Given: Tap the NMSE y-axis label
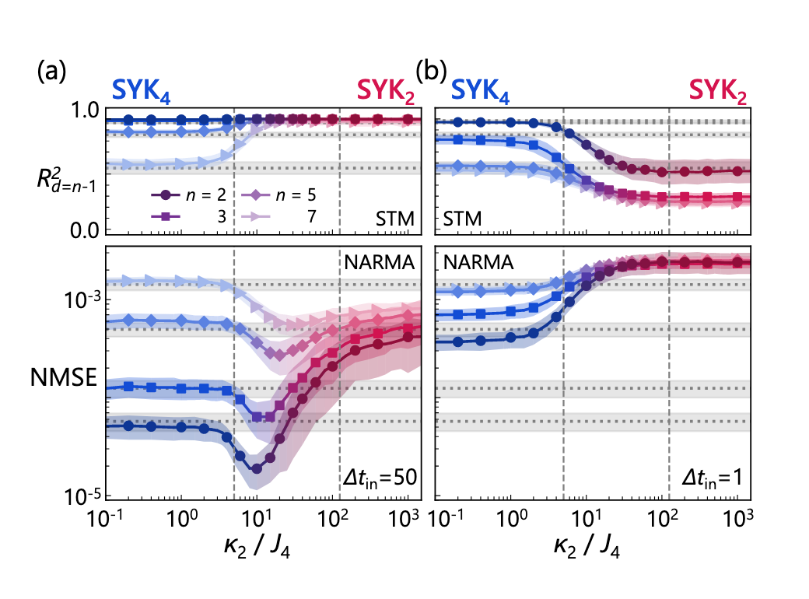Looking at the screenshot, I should pyautogui.click(x=62, y=379).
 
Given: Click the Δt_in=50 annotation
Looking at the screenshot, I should pyautogui.click(x=377, y=480).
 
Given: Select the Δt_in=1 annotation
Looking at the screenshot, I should pyautogui.click(x=709, y=480).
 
